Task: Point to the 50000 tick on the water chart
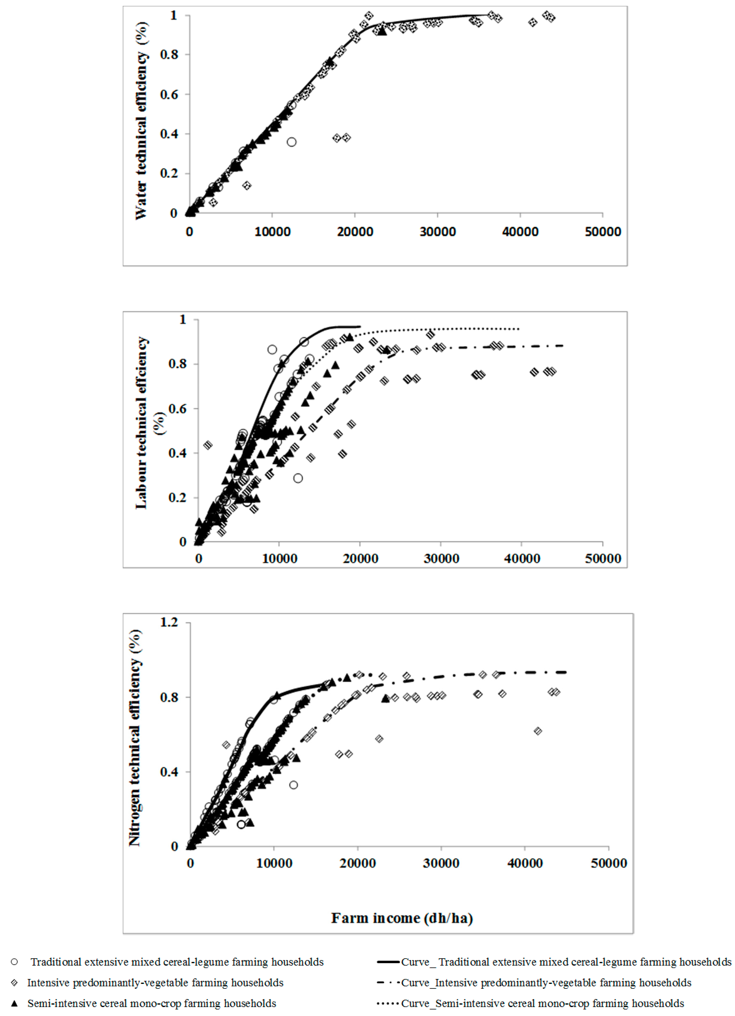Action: click(x=603, y=232)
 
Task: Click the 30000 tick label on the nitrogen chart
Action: click(x=441, y=863)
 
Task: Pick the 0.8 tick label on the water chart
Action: click(x=169, y=55)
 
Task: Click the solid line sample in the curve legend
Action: click(x=388, y=962)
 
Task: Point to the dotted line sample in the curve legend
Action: click(x=388, y=1004)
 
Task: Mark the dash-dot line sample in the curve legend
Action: click(x=388, y=983)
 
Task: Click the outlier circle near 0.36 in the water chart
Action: click(x=291, y=142)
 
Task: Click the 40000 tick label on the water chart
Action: click(x=520, y=232)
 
